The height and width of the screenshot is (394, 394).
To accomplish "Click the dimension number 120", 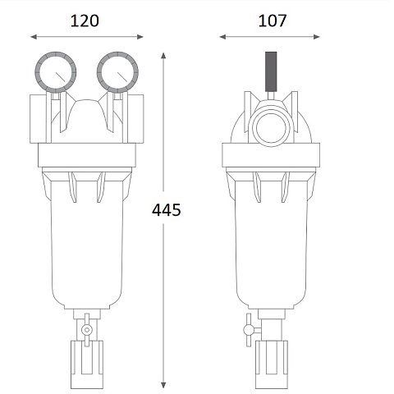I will click(x=85, y=21).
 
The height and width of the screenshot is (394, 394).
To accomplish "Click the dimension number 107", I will click(x=271, y=21).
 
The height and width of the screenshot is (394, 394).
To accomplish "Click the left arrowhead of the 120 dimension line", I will click(x=34, y=36).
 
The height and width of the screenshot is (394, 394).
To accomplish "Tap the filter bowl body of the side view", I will click(x=270, y=246).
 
